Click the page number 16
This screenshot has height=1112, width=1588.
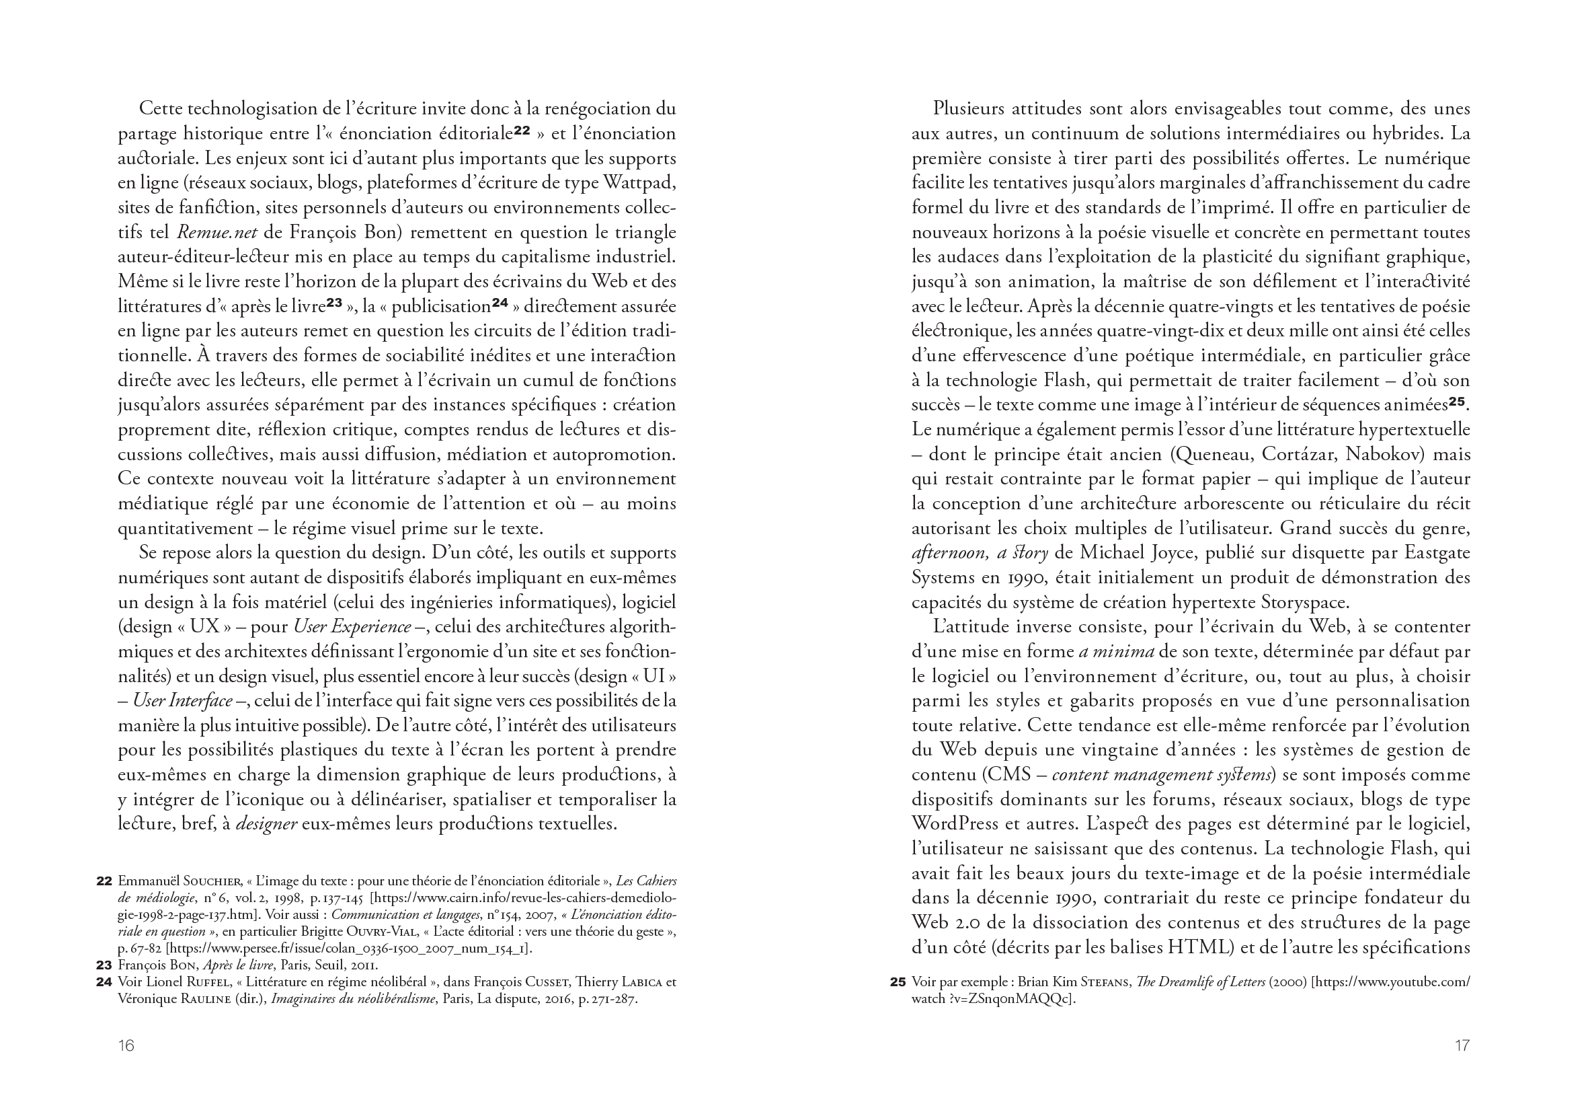[x=126, y=1045]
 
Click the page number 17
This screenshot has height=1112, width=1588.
[x=1462, y=1045]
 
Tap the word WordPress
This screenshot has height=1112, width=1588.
[x=955, y=824]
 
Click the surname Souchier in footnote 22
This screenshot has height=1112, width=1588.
[x=212, y=881]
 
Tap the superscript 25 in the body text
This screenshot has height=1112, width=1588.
[x=1458, y=402]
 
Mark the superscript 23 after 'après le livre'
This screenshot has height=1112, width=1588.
[x=334, y=303]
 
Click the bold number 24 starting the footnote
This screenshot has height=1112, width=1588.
[x=104, y=982]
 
